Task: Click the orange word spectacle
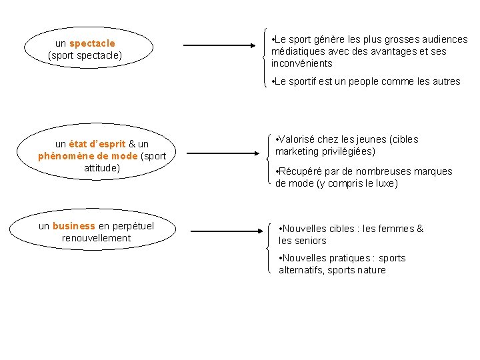[x=92, y=44]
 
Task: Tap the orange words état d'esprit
[x=97, y=144]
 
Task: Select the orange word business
[x=74, y=226]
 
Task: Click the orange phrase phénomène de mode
[x=88, y=156]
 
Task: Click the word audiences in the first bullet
[x=445, y=39]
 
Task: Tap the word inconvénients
[x=302, y=63]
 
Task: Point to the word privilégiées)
[x=352, y=151]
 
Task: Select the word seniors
[x=311, y=241]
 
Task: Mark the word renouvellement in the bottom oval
[x=97, y=238]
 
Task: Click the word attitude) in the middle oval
[x=102, y=168]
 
